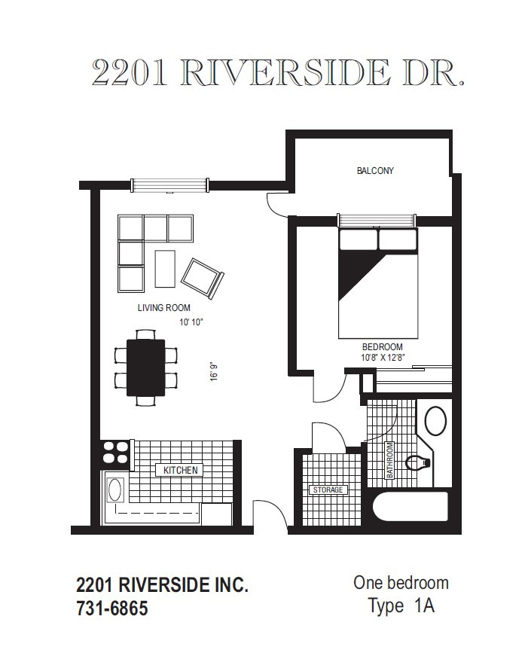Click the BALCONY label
click(375, 171)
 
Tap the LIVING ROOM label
click(163, 307)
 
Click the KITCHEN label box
click(180, 470)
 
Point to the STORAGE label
click(327, 490)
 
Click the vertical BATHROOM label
click(390, 460)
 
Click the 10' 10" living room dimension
click(192, 322)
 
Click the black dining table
click(145, 367)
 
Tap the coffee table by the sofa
click(165, 267)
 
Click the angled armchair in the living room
click(202, 278)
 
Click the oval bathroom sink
click(435, 420)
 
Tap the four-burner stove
click(115, 452)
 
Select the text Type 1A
click(401, 605)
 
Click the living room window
click(169, 184)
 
